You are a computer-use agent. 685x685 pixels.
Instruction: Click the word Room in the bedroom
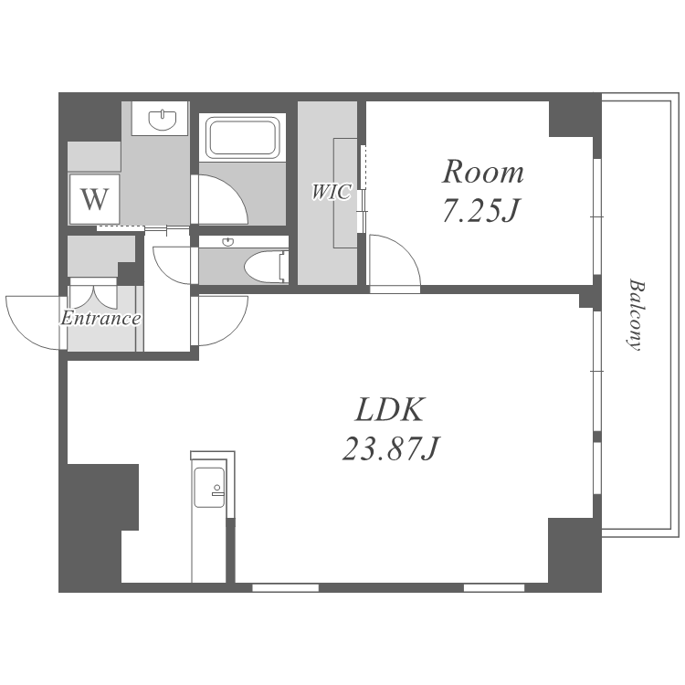point(483,172)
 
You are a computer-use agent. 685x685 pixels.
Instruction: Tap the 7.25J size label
point(480,210)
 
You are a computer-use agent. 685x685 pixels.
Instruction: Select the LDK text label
point(390,410)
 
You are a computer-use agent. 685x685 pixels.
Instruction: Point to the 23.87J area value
point(390,448)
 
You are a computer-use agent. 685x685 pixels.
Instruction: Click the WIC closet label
point(332,192)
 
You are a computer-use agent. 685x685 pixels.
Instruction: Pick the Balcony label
point(636,315)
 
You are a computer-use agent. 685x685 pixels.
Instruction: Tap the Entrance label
point(100,318)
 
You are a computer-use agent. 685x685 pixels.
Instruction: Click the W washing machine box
point(94,199)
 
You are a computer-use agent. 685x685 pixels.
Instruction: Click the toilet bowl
point(263,268)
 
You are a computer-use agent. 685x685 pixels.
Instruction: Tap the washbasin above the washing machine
point(163,120)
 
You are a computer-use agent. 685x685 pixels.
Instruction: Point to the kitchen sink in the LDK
point(210,488)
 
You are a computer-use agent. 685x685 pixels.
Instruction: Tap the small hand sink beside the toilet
point(227,242)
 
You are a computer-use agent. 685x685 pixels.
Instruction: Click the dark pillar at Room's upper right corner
point(571,119)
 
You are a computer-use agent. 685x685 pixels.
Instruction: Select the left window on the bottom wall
point(285,587)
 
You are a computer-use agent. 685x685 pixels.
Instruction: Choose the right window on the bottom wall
point(493,587)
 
